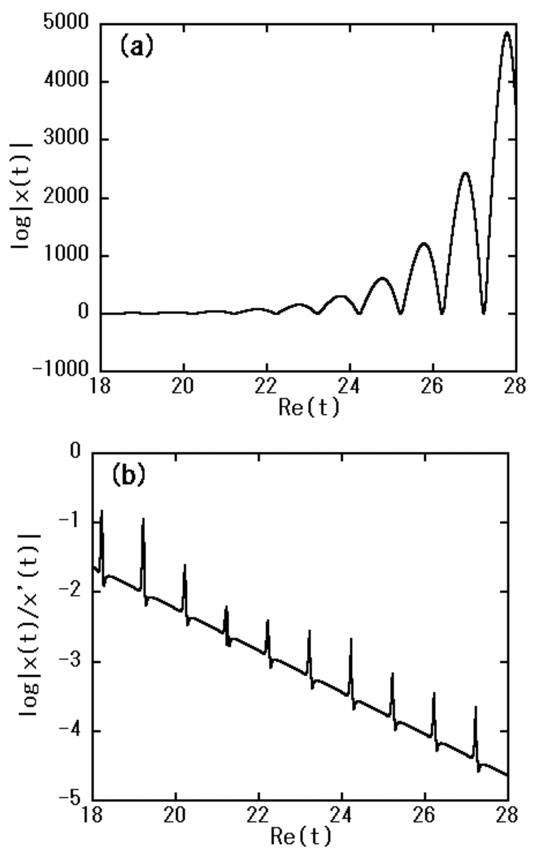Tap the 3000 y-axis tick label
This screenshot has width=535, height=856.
coord(65,138)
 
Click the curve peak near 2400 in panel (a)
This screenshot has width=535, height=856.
coord(465,173)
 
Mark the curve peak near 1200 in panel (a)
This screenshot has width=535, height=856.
coord(424,243)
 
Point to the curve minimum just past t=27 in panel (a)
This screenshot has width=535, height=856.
coord(484,313)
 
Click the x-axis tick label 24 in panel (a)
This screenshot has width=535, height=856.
coord(350,386)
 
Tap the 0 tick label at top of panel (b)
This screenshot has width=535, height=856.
coord(75,452)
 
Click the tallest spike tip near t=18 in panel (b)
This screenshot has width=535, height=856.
coord(102,510)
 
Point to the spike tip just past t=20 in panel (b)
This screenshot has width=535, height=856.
coord(185,565)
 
